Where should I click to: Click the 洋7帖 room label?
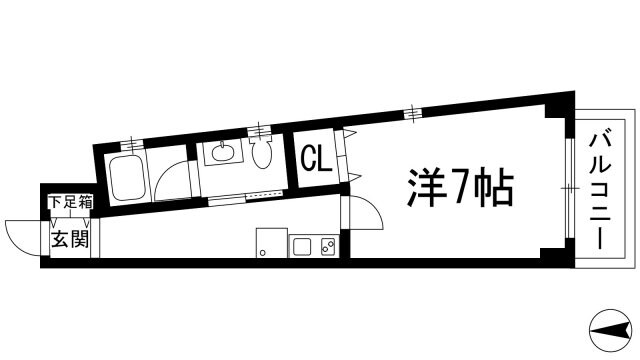pyautogui.click(x=461, y=187)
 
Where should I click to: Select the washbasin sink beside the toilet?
pyautogui.click(x=220, y=153)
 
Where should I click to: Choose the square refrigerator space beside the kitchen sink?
pyautogui.click(x=269, y=243)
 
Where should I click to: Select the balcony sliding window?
pyautogui.click(x=569, y=188)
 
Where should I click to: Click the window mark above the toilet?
pyautogui.click(x=262, y=128)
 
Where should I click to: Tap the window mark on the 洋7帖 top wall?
pyautogui.click(x=412, y=112)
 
